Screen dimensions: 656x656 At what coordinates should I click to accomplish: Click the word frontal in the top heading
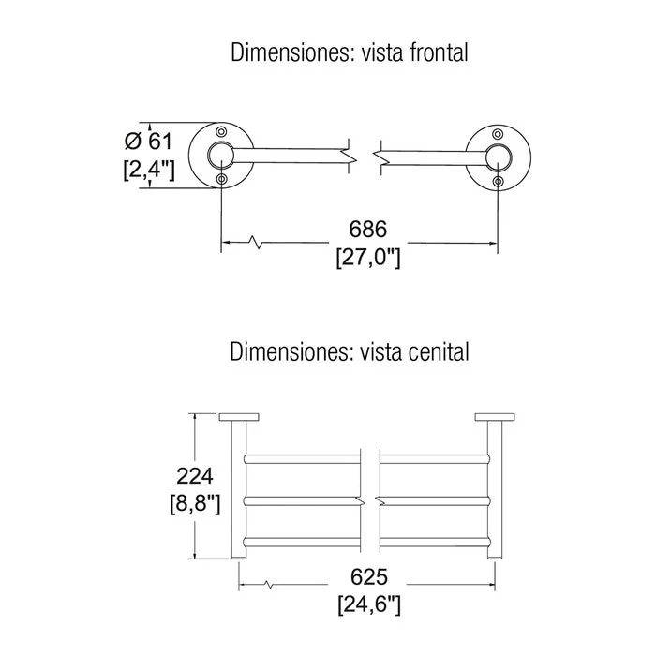(x=439, y=52)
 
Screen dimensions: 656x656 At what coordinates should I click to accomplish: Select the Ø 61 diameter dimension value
(x=148, y=141)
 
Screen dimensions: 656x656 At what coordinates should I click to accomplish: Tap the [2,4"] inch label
(x=149, y=170)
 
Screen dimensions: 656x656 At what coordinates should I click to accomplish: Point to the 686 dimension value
(x=368, y=230)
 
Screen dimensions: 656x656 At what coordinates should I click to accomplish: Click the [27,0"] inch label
(x=368, y=258)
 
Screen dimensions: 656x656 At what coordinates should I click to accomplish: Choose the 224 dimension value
(x=195, y=476)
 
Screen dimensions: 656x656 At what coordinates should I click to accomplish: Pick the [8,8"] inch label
(x=195, y=504)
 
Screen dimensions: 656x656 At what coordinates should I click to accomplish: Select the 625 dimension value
(x=369, y=577)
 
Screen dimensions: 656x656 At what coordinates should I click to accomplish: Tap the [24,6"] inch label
(x=369, y=605)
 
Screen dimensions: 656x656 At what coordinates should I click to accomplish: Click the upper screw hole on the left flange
(x=221, y=132)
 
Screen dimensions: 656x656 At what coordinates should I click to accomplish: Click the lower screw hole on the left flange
(x=221, y=180)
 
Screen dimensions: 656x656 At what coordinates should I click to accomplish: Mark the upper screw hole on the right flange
(x=498, y=134)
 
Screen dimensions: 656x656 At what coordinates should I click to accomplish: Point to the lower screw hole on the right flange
(x=498, y=181)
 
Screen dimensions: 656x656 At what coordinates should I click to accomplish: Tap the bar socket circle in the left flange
(x=221, y=143)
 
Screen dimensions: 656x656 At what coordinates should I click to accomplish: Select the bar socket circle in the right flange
(x=498, y=145)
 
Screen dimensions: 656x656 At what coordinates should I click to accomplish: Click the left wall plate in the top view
(x=239, y=417)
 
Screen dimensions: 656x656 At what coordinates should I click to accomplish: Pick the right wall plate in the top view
(x=495, y=417)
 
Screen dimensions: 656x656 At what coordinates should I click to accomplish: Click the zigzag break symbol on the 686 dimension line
(x=256, y=242)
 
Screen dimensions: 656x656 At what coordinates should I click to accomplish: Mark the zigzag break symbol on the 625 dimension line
(x=268, y=584)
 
